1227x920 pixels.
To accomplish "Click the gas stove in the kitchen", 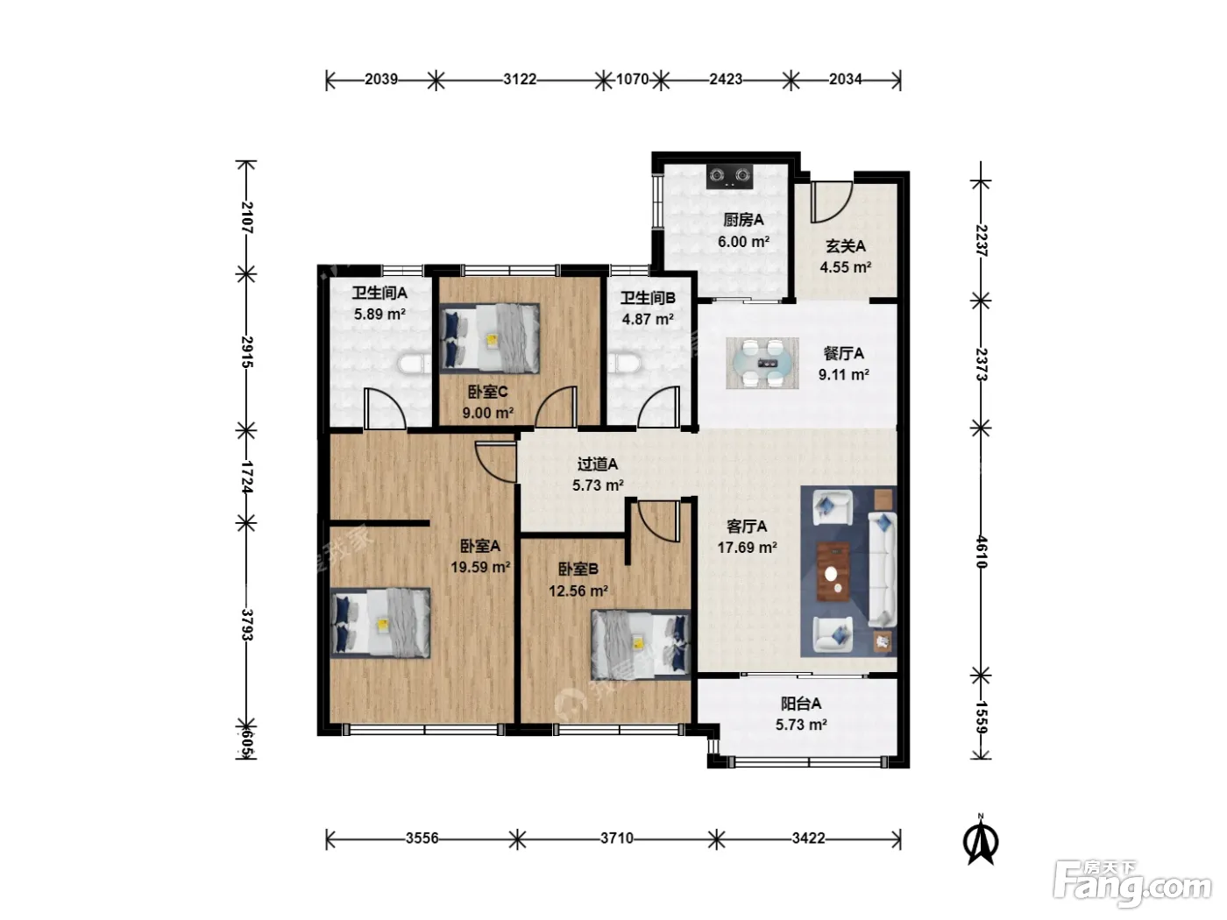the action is [x=729, y=176].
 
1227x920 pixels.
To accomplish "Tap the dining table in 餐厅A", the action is [x=762, y=363].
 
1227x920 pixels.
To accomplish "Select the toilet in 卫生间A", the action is [x=415, y=364].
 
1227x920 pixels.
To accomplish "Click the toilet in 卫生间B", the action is [x=624, y=363].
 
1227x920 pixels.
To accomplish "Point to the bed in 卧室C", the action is [x=490, y=338].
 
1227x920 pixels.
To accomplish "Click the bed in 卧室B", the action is [x=642, y=645].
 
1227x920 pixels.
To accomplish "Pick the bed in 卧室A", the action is [x=380, y=623].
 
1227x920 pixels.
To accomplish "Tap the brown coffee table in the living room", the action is [x=833, y=572].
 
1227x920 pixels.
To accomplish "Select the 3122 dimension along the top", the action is [x=520, y=80].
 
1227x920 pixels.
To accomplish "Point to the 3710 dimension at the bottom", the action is [x=617, y=839].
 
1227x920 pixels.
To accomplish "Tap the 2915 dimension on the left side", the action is [x=247, y=352].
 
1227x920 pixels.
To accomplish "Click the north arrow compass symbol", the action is [x=981, y=839].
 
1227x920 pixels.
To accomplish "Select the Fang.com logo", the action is [x=1132, y=884].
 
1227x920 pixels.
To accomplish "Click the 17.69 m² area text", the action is [x=747, y=548].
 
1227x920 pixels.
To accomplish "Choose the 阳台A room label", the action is [x=801, y=704].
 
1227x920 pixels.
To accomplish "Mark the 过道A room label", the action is [x=598, y=464].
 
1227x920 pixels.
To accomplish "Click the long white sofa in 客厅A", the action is [x=882, y=570].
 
